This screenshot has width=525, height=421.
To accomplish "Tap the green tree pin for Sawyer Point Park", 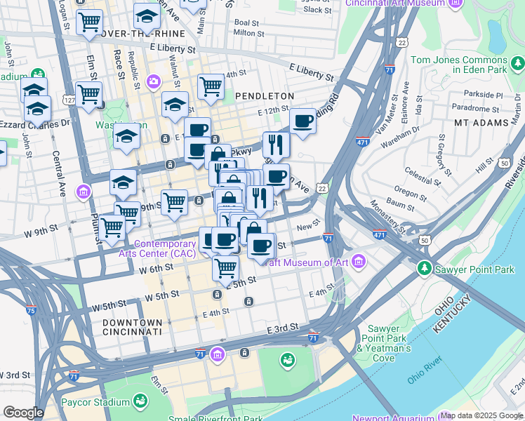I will [x=424, y=269].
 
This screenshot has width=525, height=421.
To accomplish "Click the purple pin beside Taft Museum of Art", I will [x=359, y=262].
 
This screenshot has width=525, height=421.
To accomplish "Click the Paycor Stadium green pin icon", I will [x=141, y=401].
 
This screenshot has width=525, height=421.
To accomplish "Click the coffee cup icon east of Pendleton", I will [x=303, y=121].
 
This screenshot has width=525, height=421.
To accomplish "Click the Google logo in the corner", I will [x=22, y=413].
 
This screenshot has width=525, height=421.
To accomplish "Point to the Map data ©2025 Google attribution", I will [x=481, y=415].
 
